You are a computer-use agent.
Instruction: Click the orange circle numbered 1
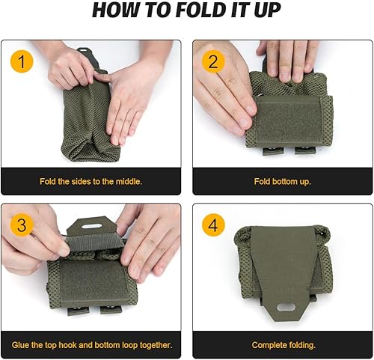tap(22, 61)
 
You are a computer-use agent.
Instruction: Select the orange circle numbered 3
tap(22, 225)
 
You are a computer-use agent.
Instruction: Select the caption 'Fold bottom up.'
tap(281, 181)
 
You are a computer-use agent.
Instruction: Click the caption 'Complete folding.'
tap(281, 344)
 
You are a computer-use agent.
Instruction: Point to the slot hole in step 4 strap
tap(280, 306)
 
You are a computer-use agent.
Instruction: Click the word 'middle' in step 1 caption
tap(125, 181)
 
